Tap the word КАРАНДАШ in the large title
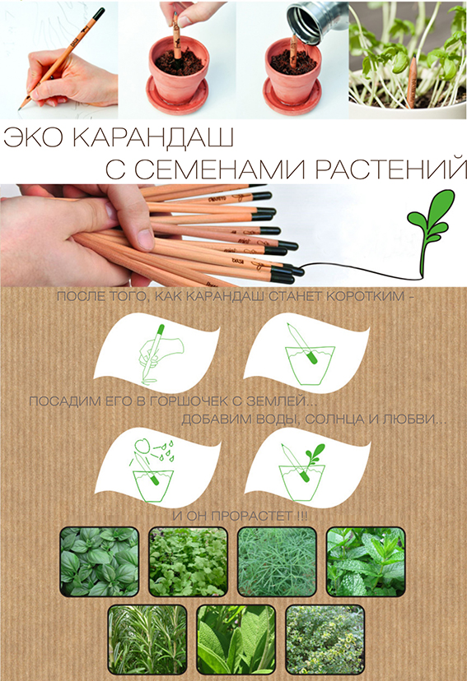click(x=152, y=138)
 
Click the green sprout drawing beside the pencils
click(x=427, y=226)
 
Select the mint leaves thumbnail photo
click(x=366, y=562)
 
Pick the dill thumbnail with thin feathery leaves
click(x=277, y=562)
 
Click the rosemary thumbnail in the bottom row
click(x=147, y=639)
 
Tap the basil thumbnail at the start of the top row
click(x=100, y=562)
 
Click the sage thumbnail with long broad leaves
click(x=236, y=639)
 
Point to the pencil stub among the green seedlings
click(x=411, y=82)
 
